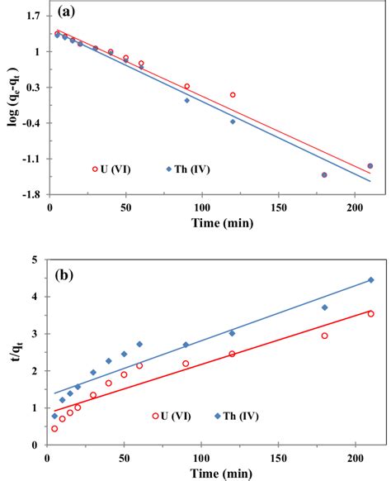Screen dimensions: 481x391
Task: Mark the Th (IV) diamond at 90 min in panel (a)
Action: click(186, 100)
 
